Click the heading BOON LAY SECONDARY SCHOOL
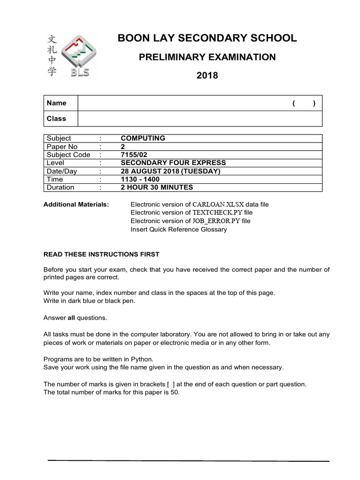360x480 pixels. click(207, 38)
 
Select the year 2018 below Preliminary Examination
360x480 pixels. click(207, 75)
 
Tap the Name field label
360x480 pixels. click(56, 103)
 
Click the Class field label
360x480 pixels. click(56, 119)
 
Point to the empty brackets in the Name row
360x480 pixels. click(304, 104)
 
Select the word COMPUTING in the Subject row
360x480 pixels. click(143, 138)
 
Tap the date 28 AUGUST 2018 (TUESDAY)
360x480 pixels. click(170, 171)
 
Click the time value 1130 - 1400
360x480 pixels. click(140, 179)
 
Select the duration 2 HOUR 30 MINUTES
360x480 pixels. click(157, 187)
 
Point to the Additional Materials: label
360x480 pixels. click(76, 204)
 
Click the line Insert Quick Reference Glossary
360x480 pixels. click(179, 229)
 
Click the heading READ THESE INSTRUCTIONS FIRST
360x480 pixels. click(101, 254)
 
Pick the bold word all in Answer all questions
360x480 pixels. click(71, 318)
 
